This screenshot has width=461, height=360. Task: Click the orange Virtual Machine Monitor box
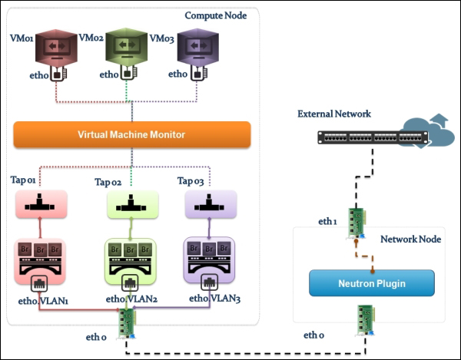pyautogui.click(x=131, y=134)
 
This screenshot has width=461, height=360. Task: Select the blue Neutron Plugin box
pyautogui.click(x=372, y=283)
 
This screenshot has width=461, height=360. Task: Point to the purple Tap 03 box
pyautogui.click(x=211, y=204)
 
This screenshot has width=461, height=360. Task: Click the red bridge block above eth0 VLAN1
pyautogui.click(x=41, y=262)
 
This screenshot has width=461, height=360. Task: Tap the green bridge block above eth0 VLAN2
pyautogui.click(x=130, y=262)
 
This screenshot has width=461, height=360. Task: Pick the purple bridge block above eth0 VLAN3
pyautogui.click(x=210, y=262)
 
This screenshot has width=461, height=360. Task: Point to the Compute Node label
pyautogui.click(x=216, y=15)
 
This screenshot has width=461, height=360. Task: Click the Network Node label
pyautogui.click(x=410, y=239)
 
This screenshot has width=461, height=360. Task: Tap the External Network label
pyautogui.click(x=334, y=114)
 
